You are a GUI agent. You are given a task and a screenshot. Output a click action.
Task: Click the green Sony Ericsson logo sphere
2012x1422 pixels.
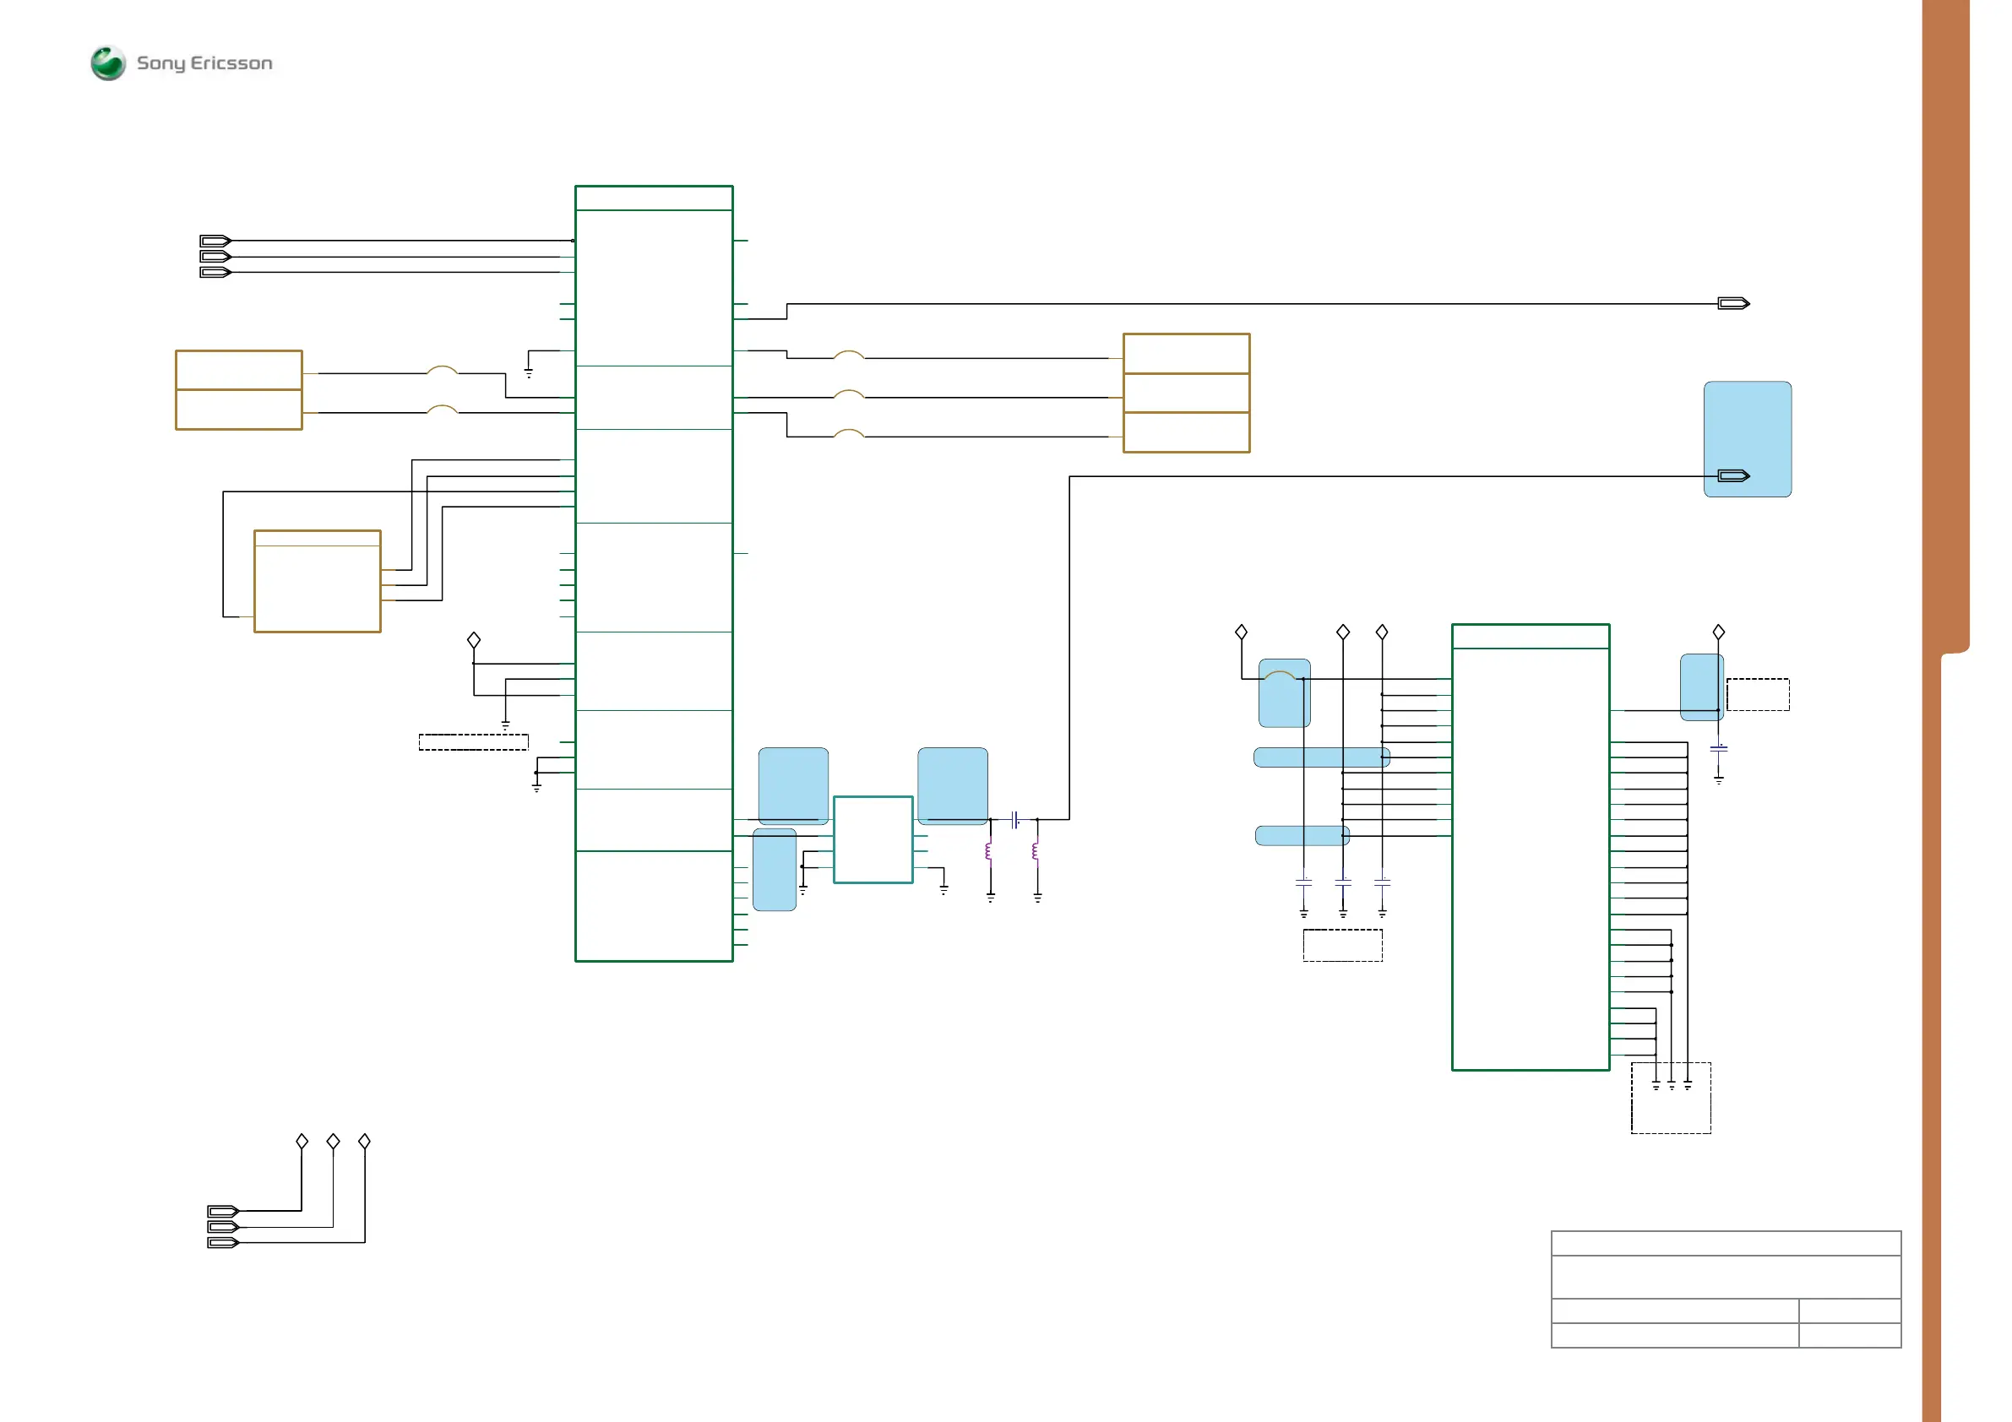(x=108, y=63)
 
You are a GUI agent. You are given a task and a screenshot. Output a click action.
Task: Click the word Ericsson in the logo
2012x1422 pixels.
(x=231, y=63)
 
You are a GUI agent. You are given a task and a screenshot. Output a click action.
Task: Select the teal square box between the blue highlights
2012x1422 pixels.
(x=872, y=839)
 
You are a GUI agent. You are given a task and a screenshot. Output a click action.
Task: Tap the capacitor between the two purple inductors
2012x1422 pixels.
(x=1014, y=820)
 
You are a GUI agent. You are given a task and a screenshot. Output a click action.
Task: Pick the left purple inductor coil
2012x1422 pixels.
(x=989, y=852)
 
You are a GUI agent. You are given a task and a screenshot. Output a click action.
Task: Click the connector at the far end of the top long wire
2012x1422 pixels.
(x=1732, y=304)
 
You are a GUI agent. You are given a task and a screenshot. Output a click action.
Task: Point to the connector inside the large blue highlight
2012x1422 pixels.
(x=1732, y=475)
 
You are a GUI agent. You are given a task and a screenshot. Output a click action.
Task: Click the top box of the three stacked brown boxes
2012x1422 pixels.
(x=1186, y=353)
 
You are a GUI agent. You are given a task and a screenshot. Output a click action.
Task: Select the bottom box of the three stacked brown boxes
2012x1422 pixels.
(x=1186, y=432)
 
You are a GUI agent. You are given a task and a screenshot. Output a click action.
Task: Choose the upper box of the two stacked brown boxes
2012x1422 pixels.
(x=238, y=370)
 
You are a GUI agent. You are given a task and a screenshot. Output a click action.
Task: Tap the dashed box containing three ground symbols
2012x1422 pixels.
(x=1670, y=1099)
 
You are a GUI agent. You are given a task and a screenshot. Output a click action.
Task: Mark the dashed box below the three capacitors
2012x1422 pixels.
(x=1341, y=946)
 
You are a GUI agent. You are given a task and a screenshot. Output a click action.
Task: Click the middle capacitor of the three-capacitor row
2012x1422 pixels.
(x=1342, y=882)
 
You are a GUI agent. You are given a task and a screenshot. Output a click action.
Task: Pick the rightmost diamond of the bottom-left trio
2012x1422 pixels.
(x=365, y=1141)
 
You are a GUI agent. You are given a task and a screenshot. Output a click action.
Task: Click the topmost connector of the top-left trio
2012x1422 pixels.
(x=215, y=241)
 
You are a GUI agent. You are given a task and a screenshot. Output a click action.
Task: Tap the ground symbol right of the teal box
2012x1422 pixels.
(x=943, y=888)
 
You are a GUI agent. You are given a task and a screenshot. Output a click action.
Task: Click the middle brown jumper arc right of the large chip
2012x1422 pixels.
(x=848, y=394)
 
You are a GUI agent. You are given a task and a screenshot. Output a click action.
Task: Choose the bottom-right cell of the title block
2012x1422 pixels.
(x=1849, y=1334)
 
